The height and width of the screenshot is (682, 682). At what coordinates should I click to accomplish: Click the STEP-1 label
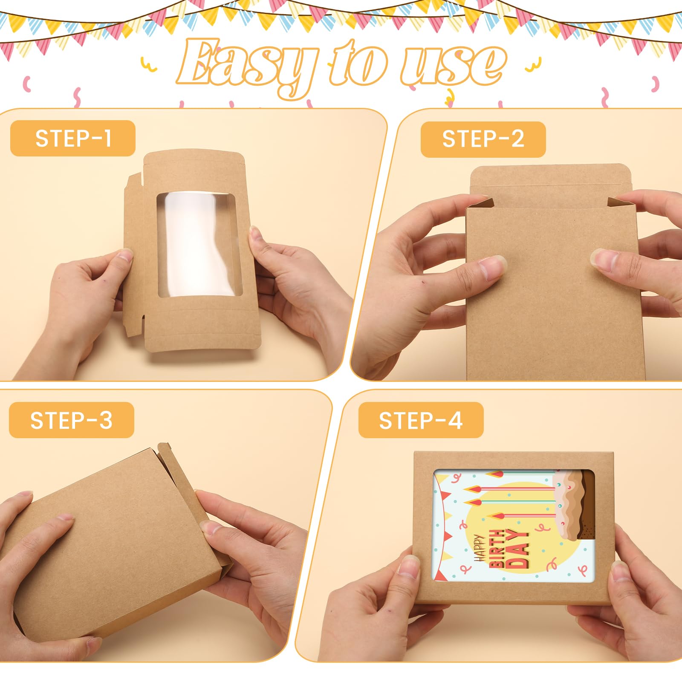pos(73,139)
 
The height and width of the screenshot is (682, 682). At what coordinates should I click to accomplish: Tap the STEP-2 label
pos(483,139)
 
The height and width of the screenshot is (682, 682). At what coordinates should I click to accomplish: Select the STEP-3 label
pos(71,420)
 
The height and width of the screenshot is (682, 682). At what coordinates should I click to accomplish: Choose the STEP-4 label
pos(421,420)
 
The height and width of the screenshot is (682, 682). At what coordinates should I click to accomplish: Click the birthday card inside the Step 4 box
pos(514,526)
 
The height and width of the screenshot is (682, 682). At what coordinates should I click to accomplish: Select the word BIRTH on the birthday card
pos(497,549)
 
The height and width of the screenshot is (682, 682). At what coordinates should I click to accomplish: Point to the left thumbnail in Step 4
pos(409,567)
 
